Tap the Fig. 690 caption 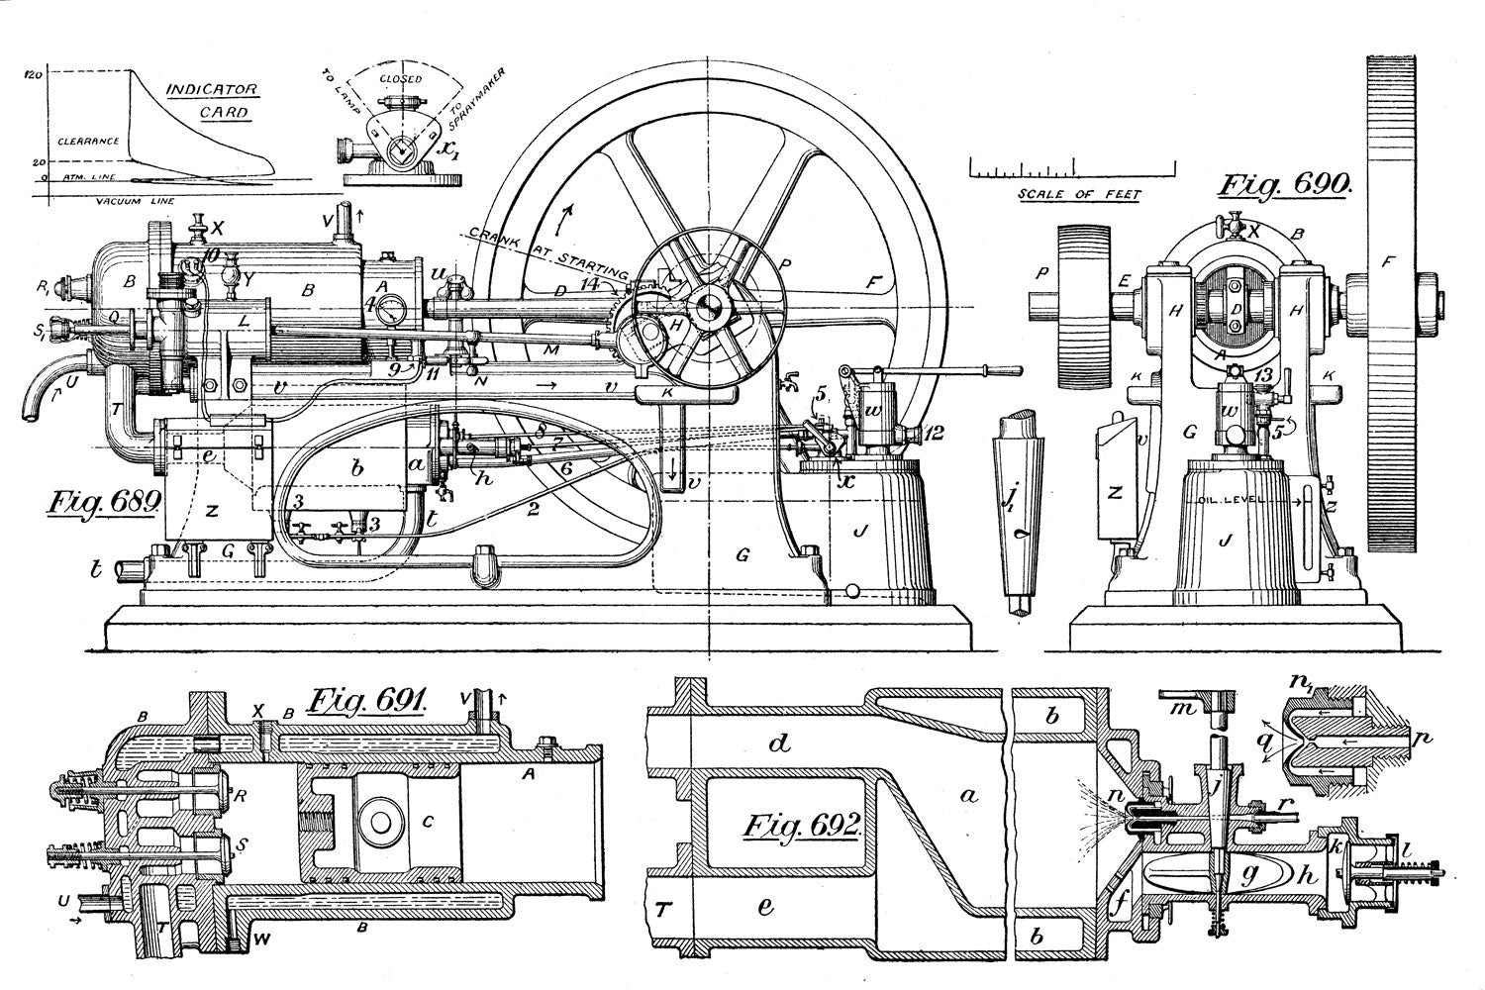(1284, 186)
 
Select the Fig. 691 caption (366, 702)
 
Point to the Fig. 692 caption (803, 826)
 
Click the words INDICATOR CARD (211, 100)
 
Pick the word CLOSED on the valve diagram (401, 78)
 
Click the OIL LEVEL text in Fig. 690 (1232, 500)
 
